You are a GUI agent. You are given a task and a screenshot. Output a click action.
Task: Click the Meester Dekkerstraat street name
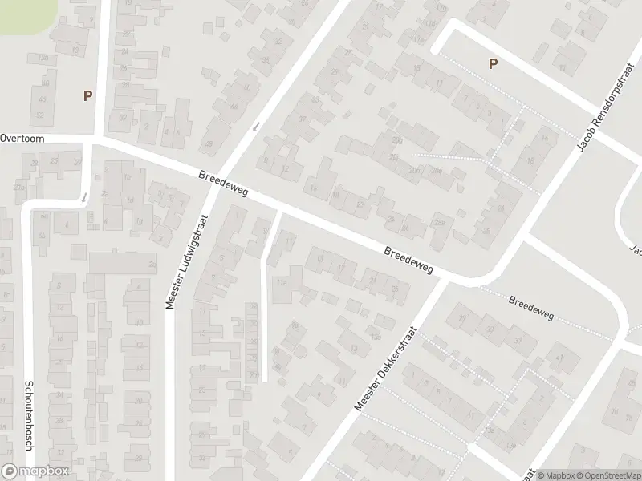pyautogui.click(x=388, y=368)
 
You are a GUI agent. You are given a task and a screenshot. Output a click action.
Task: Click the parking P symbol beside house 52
pyautogui.click(x=87, y=95)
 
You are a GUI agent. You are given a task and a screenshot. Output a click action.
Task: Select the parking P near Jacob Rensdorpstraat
pyautogui.click(x=493, y=64)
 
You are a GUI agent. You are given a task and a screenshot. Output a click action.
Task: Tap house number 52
pyautogui.click(x=39, y=115)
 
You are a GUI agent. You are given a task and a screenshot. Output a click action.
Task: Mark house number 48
pyautogui.click(x=209, y=144)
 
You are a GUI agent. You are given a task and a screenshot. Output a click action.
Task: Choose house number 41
pyautogui.click(x=559, y=358)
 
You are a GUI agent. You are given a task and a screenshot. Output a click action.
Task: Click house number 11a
pyautogui.click(x=281, y=282)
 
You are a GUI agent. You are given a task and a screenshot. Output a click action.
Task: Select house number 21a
pyautogui.click(x=21, y=188)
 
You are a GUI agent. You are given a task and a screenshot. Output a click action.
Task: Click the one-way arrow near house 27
pyautogui.click(x=83, y=197)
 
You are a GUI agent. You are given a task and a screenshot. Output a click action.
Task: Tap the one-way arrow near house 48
pyautogui.click(x=257, y=127)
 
